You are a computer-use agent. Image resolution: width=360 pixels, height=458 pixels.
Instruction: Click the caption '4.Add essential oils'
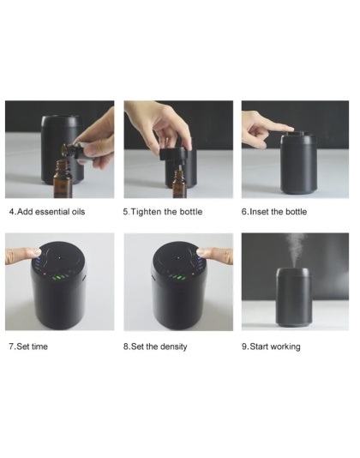(x=47, y=212)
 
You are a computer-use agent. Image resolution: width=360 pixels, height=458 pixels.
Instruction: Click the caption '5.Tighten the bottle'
(x=163, y=212)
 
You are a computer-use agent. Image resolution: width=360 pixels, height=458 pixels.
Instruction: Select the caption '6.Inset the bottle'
(x=274, y=212)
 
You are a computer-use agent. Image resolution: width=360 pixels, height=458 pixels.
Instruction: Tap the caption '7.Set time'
(x=28, y=347)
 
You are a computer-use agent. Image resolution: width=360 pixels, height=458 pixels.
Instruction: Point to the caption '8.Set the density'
(x=155, y=347)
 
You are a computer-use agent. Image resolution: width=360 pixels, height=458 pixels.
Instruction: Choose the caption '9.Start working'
(x=271, y=347)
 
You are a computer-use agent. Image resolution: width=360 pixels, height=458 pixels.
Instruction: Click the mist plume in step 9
(x=296, y=250)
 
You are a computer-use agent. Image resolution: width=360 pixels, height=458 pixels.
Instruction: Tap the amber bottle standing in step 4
(x=63, y=178)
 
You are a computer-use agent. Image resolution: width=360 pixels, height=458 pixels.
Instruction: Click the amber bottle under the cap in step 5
(x=179, y=184)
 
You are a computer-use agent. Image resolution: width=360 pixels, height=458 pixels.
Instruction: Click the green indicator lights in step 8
(x=177, y=277)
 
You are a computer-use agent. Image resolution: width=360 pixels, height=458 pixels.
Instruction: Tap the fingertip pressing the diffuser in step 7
(x=34, y=252)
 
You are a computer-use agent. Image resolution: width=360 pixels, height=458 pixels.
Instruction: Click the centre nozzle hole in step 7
(x=60, y=258)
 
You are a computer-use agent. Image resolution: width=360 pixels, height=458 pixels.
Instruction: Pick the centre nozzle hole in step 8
(x=177, y=258)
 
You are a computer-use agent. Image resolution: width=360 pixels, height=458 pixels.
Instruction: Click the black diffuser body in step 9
(x=294, y=298)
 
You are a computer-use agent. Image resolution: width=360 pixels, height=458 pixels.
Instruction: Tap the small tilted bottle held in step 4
(x=75, y=151)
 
